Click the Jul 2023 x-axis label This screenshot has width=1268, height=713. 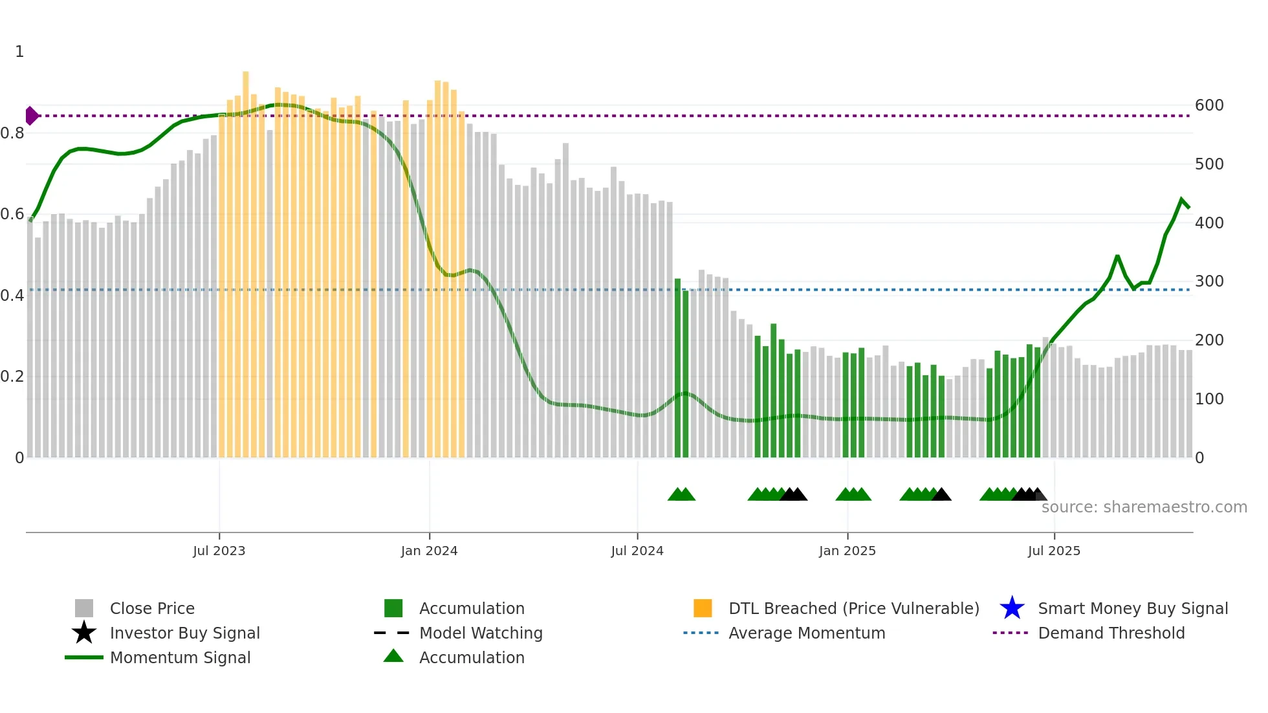(219, 551)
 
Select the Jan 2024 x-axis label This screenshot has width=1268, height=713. (429, 551)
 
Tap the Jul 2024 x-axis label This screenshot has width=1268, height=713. (637, 551)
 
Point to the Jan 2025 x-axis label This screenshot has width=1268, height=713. (847, 551)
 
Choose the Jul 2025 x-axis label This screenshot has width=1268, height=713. (1054, 551)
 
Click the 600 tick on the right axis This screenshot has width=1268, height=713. (1209, 105)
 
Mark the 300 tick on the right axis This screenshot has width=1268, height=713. (1209, 281)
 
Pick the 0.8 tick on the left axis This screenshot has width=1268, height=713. (12, 133)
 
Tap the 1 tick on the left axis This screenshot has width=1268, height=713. (19, 52)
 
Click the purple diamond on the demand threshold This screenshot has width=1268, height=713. (31, 116)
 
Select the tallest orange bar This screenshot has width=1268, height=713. (246, 259)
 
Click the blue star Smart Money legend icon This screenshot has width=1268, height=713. (1012, 608)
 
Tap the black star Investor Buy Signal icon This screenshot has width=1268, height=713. (84, 633)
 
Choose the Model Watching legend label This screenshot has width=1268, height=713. (481, 633)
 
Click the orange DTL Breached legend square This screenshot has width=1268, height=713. (703, 608)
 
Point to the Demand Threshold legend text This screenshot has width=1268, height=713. (1111, 633)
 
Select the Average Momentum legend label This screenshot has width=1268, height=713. (807, 633)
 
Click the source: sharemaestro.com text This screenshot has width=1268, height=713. (1144, 507)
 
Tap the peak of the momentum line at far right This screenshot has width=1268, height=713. (1182, 200)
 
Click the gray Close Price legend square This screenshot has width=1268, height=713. (84, 608)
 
